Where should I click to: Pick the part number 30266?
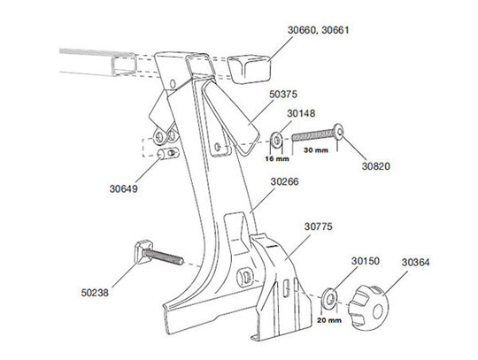coord(284,182)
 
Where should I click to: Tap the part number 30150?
coord(366,261)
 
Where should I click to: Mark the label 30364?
coord(416,262)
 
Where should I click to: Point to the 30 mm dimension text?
coord(316,150)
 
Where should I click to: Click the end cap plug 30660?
coord(250,67)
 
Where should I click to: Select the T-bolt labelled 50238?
coord(156,257)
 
